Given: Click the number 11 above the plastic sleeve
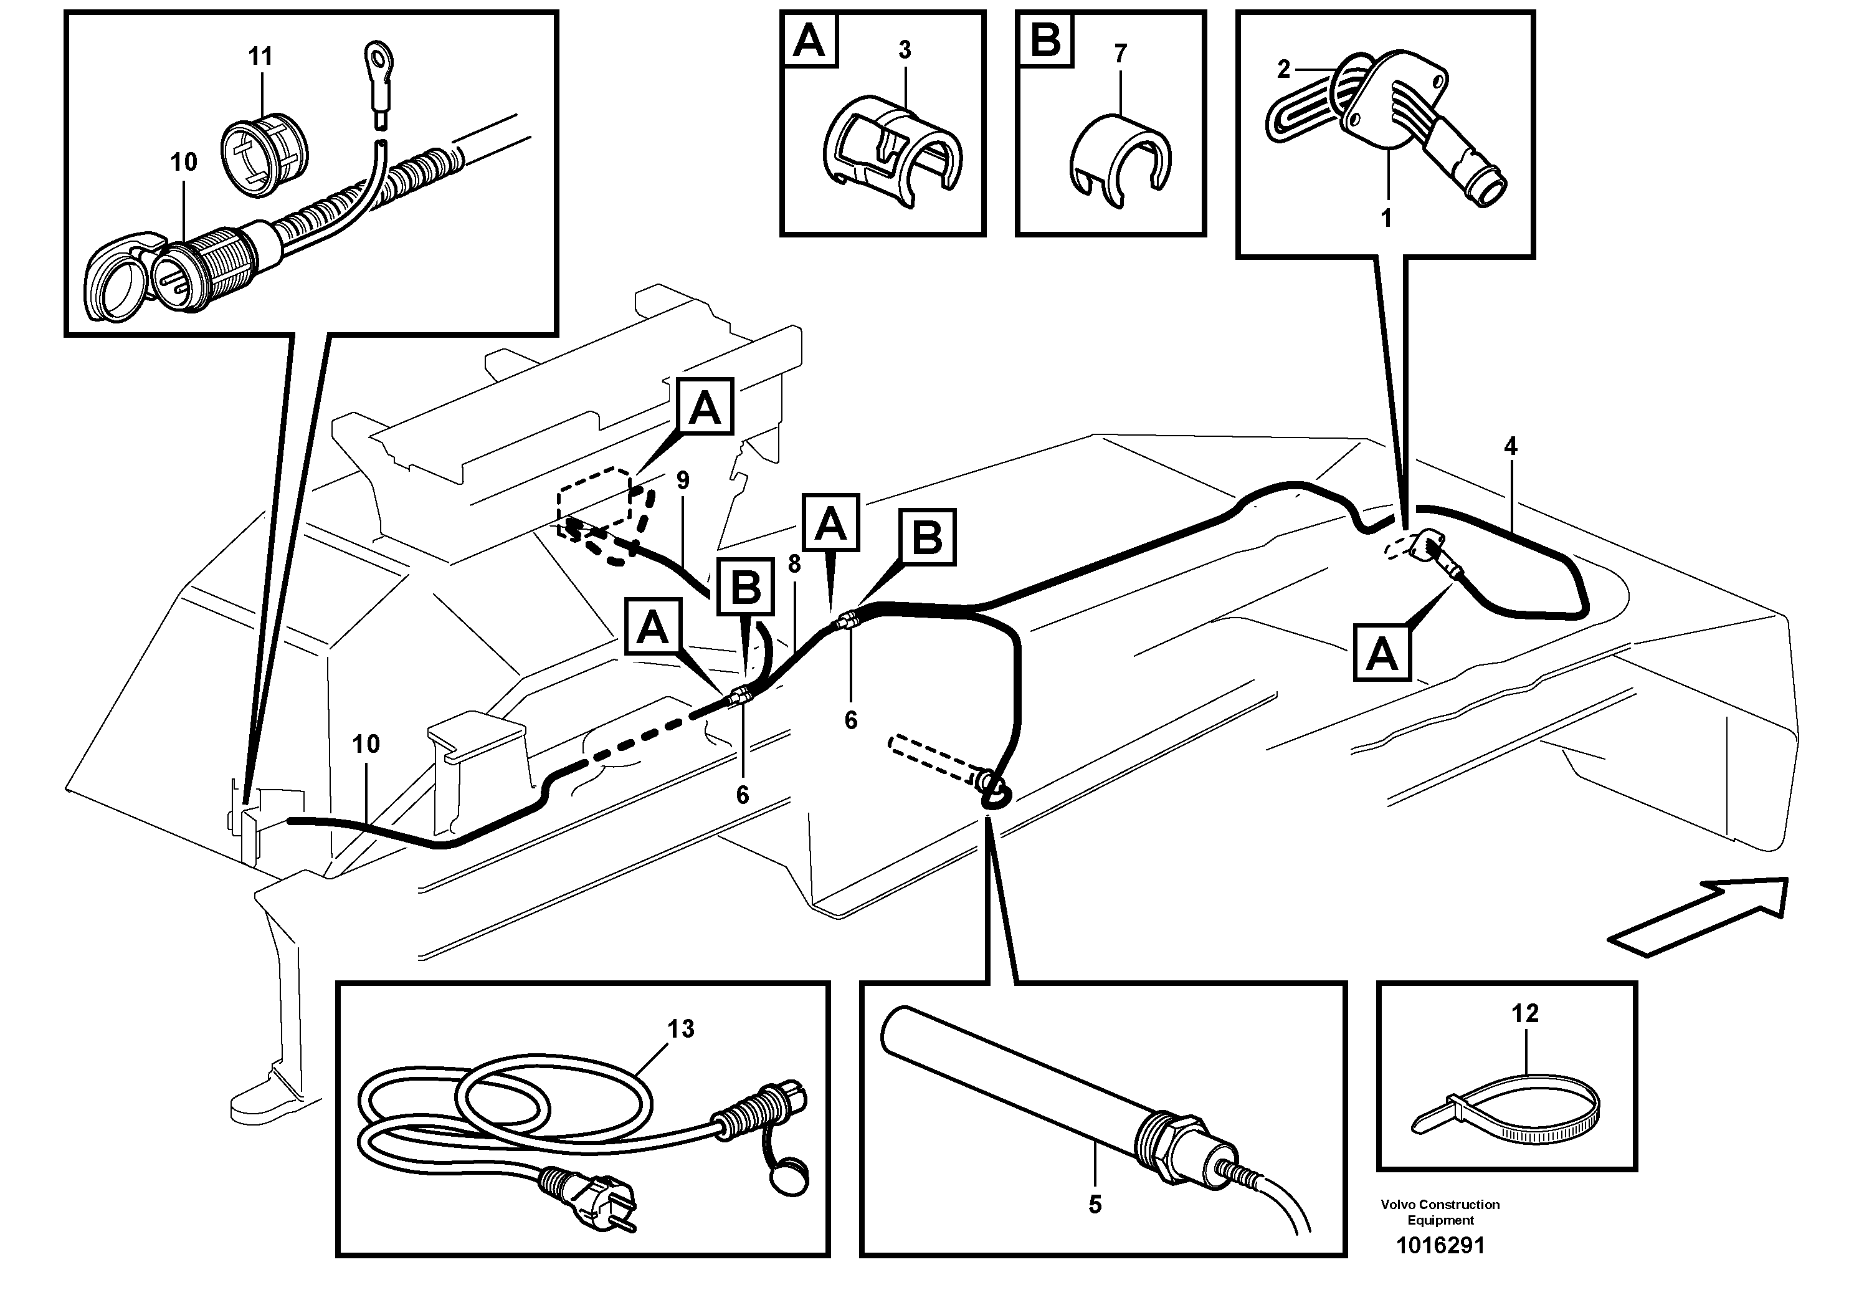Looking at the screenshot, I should tap(260, 57).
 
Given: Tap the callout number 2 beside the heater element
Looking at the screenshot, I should tap(1284, 70).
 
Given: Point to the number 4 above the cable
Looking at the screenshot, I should tap(1510, 446).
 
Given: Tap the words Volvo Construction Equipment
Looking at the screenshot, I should tap(1440, 1212).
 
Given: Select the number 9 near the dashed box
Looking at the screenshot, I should tap(683, 481).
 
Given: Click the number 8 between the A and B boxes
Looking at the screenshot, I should tap(794, 565).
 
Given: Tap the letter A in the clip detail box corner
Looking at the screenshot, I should tap(809, 41).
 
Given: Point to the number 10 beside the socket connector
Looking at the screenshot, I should tap(183, 162).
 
